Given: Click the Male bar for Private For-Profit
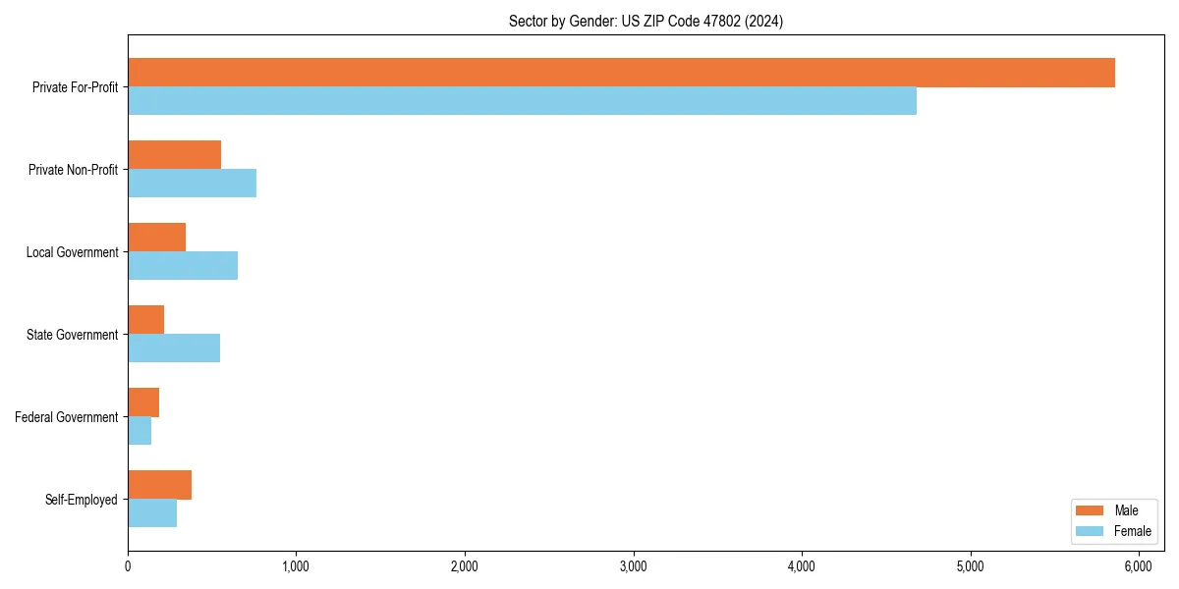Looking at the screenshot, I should tap(621, 73).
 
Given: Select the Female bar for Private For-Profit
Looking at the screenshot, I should tap(522, 101).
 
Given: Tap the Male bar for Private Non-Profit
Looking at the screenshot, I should tap(174, 155).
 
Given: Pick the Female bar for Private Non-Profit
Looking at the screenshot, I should tap(192, 184).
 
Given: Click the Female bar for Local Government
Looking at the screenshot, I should tap(183, 266).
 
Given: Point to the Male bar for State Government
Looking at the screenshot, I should tap(145, 320).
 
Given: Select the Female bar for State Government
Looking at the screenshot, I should tap(174, 348).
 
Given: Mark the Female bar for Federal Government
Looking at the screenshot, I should tap(140, 431).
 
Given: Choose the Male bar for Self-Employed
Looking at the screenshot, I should tap(159, 485).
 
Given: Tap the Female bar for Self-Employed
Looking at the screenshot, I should tap(152, 513).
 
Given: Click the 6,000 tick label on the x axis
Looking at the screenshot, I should tap(1139, 565).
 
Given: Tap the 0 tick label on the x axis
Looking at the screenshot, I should tap(128, 565).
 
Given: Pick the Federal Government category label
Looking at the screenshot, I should tap(67, 417).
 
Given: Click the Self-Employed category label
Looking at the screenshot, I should tap(82, 500).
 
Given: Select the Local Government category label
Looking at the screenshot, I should tap(73, 252).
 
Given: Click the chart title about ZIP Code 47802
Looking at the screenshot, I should tap(646, 21).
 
